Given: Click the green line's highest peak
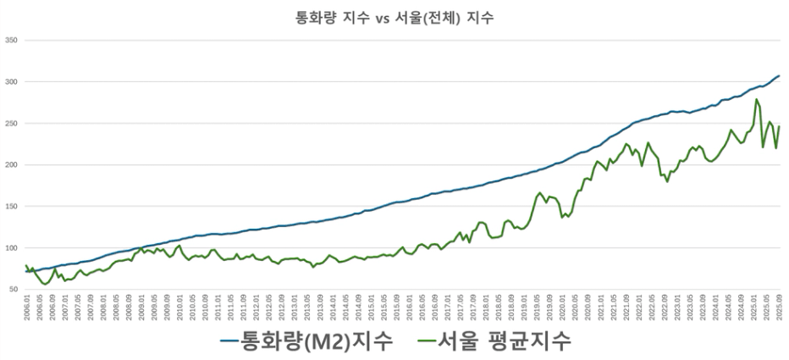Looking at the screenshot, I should click(x=756, y=99).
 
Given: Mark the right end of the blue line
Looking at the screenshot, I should click(x=779, y=75).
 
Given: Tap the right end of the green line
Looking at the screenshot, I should click(x=779, y=126).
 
